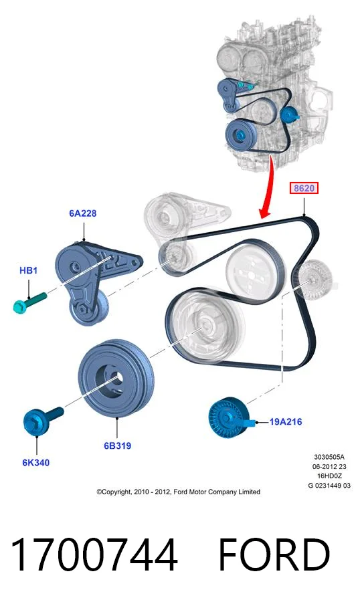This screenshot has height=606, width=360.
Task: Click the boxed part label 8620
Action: (304, 188)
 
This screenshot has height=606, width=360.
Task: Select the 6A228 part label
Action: (83, 213)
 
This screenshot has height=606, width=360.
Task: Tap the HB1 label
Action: (29, 270)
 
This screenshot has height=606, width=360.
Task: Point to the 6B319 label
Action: (117, 445)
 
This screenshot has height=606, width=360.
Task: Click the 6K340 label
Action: (36, 462)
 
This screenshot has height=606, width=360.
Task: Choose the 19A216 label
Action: (285, 421)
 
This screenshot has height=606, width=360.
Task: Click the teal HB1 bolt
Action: (29, 302)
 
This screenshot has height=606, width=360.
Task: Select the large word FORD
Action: (274, 554)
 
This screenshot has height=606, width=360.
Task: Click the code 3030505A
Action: (329, 457)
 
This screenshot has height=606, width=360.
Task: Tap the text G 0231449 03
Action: (329, 486)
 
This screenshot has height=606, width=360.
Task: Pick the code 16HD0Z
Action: (329, 476)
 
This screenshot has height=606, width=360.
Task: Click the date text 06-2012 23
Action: (329, 466)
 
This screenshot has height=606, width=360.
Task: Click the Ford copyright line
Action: (178, 492)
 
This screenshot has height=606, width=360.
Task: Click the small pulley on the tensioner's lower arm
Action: (88, 308)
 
